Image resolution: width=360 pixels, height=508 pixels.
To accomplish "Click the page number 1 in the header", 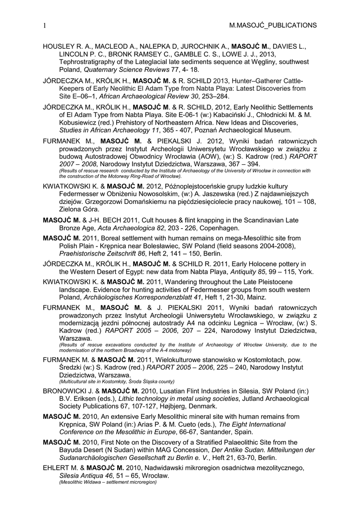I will pos(45,25).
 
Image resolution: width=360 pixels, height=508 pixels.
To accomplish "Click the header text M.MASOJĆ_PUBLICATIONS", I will pos(273,25).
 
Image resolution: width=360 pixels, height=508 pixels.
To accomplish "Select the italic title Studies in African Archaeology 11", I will pos(112,130).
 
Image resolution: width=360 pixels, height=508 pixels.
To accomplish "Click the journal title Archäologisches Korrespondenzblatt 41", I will pos(135,298).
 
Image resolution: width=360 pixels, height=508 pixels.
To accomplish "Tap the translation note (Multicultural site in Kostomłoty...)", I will pos(117,382).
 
